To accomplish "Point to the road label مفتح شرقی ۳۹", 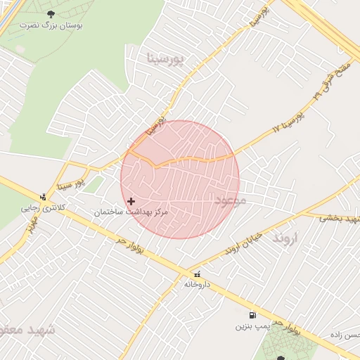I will pos(330,77).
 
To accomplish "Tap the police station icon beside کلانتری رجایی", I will pos(44,197).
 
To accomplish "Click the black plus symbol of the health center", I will pos(131,201).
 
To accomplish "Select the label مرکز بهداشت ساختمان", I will pos(132,212).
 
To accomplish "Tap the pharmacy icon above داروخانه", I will pos(196,274).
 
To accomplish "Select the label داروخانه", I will pos(196,284).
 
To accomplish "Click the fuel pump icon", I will pos(252,316).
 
